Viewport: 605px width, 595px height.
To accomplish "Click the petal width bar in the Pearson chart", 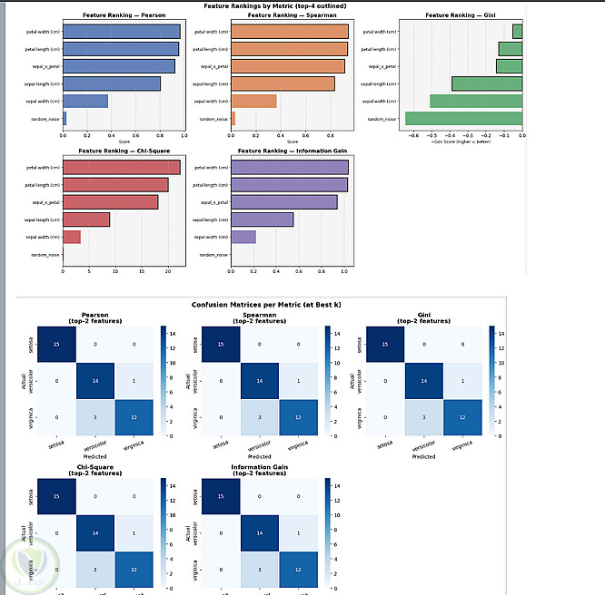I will (x=121, y=32).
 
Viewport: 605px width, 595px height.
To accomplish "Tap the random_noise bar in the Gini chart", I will (x=463, y=118).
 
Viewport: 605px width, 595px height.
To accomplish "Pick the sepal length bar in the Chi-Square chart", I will (x=85, y=219).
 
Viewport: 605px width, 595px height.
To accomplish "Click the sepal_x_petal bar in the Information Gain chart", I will (x=284, y=202).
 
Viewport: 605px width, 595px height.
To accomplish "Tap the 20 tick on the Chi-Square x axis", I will (x=168, y=271).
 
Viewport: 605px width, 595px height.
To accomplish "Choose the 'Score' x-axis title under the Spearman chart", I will (x=292, y=141).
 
